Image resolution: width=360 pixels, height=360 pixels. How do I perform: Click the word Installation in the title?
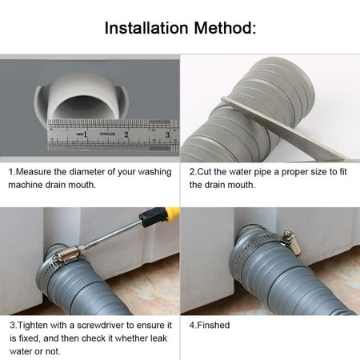coord(146,28)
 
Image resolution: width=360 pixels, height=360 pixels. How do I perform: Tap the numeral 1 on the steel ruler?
coord(85,134)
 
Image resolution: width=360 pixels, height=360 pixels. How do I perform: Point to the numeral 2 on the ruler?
coord(126,134)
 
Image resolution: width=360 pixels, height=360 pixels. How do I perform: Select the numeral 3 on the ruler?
coord(167,134)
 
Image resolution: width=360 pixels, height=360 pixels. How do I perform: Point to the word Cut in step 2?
coord(204,172)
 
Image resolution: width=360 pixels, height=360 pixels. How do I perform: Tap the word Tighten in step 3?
coord(33,326)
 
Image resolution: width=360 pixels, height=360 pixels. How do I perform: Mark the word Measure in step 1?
coord(34,172)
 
